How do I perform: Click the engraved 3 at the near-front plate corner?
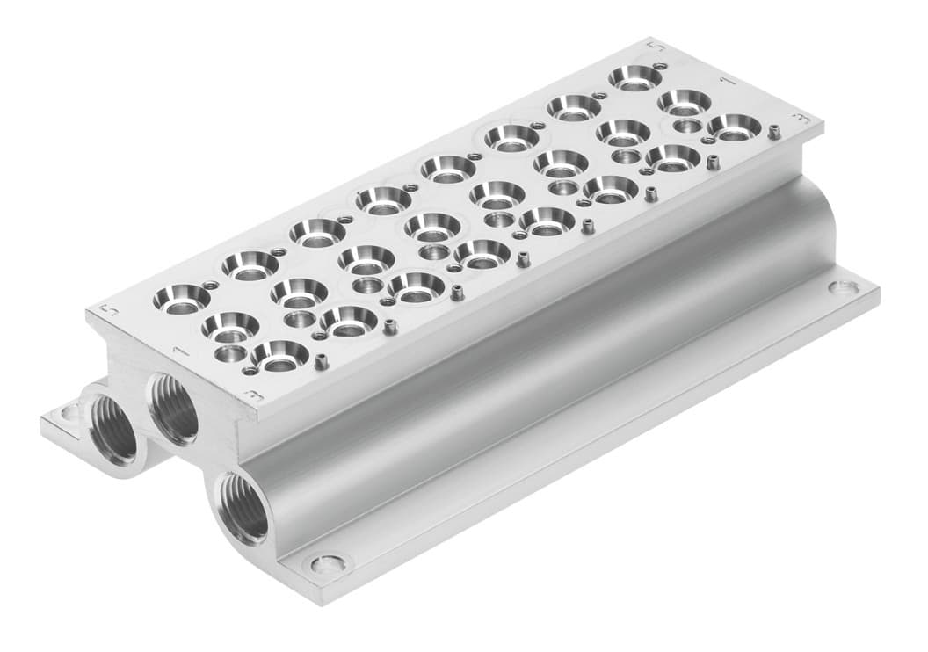click(x=253, y=395)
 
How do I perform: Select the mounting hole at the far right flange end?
click(x=841, y=286)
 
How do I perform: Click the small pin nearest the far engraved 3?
click(x=774, y=133)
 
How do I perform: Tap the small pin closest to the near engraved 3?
click(x=322, y=361)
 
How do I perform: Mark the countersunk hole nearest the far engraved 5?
click(x=634, y=77)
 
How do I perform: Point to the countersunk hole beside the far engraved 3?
click(x=734, y=127)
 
